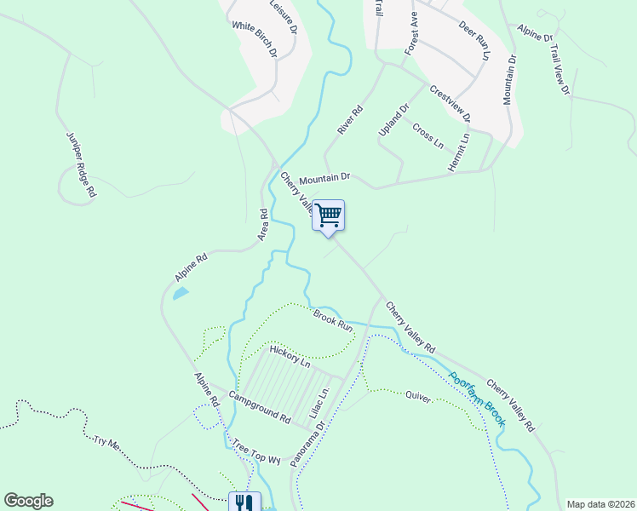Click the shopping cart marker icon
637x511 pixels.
pos(328,215)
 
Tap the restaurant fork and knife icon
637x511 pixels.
pos(244,502)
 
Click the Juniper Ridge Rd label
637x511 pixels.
pos(80,165)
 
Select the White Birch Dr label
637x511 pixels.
pos(255,39)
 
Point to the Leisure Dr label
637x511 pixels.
pos(284,16)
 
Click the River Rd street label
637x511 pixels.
pos(349,120)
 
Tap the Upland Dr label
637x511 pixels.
pos(393,120)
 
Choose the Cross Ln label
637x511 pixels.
pos(428,135)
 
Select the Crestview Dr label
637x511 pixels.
pos(450,103)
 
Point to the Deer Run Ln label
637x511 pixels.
pos(474,41)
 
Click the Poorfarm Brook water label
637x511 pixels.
pos(478,399)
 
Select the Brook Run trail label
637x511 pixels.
pos(332,320)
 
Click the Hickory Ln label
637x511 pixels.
pos(290,356)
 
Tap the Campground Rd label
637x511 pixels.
pos(259,408)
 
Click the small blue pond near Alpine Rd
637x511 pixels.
pos(181,294)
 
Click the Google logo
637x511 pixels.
pos(28,501)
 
